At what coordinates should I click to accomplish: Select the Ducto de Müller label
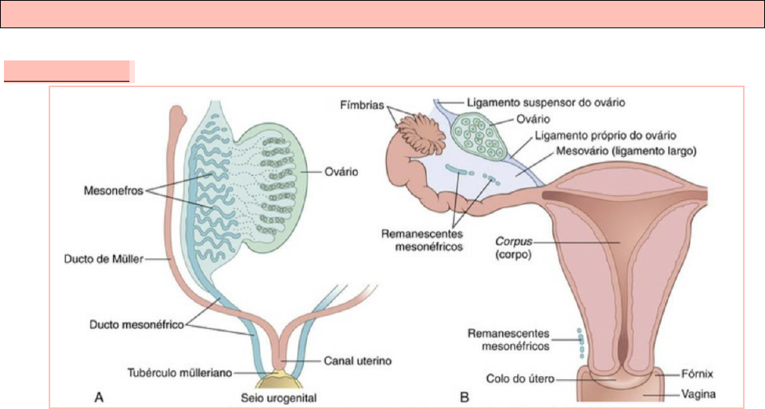pyautogui.click(x=100, y=260)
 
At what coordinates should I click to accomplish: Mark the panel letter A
pyautogui.click(x=100, y=398)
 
